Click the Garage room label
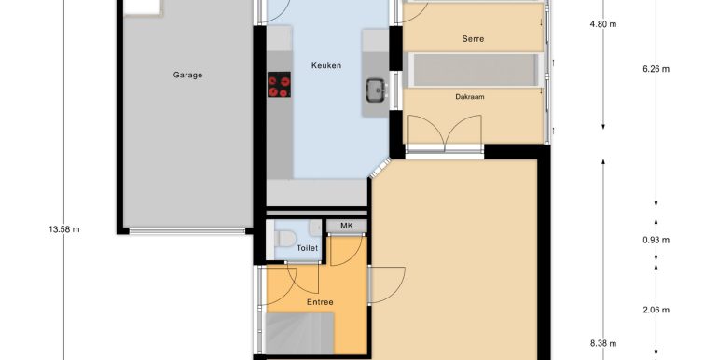click(x=187, y=76)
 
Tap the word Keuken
click(x=326, y=65)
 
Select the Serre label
click(x=473, y=39)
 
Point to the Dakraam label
click(x=470, y=97)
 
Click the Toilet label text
click(x=308, y=248)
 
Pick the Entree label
click(x=320, y=302)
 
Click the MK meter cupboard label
click(x=347, y=226)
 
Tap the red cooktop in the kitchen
click(x=280, y=84)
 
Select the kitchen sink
click(x=376, y=90)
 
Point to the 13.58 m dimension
click(x=64, y=229)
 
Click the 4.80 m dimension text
click(x=603, y=24)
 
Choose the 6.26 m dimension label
click(x=656, y=69)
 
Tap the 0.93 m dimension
click(x=656, y=240)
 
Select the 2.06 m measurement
click(x=656, y=310)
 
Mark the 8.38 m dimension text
click(x=603, y=343)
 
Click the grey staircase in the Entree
click(x=300, y=334)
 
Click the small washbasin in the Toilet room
click(x=315, y=228)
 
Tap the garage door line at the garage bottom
click(x=187, y=231)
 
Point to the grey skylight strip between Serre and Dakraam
click(x=475, y=70)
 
